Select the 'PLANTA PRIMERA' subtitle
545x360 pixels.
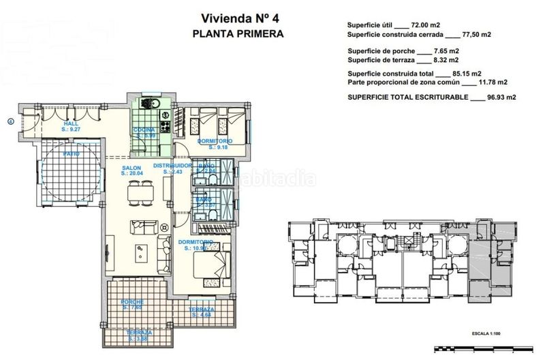tap(236, 33)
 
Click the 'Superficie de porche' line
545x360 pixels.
tap(379, 50)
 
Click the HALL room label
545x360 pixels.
tap(70, 125)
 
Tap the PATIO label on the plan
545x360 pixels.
tap(71, 154)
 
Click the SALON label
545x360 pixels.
tap(132, 169)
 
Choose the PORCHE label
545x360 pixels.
tap(132, 304)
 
